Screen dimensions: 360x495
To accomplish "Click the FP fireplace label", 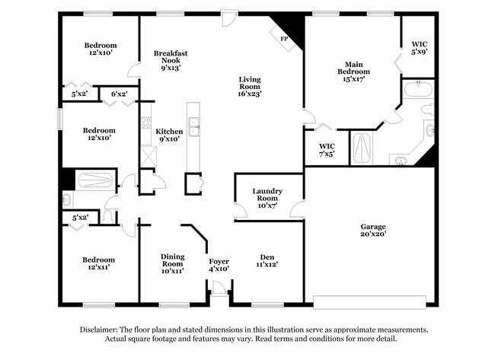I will [284, 39].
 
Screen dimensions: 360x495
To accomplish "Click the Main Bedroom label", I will [353, 69].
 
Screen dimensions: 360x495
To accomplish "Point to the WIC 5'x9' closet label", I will [419, 49].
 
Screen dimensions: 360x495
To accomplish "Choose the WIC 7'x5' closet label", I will [327, 149].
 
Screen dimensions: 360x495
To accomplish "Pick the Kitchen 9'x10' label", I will [169, 135].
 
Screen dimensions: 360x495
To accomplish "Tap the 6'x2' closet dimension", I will [119, 94].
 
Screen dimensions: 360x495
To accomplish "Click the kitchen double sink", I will [193, 126].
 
